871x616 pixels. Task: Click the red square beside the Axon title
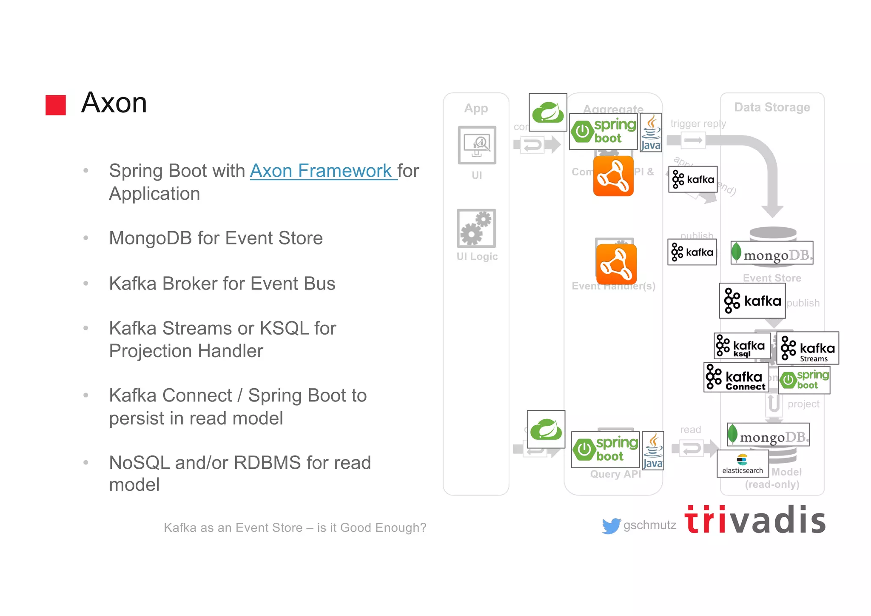[x=56, y=105]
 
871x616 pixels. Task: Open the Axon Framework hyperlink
[x=323, y=171]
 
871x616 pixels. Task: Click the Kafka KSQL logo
[x=742, y=346]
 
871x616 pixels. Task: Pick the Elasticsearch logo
[x=743, y=464]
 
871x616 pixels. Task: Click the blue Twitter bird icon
[x=611, y=526]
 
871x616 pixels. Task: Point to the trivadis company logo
[x=755, y=520]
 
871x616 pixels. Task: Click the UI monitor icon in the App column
[x=477, y=145]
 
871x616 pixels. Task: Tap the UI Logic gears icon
[x=476, y=229]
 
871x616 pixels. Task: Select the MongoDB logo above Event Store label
[x=772, y=253]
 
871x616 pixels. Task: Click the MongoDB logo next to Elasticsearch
[x=768, y=435]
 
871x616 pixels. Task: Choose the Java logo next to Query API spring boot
[x=653, y=451]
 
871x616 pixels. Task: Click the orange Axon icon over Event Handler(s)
[x=616, y=264]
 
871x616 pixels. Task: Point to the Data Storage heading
[x=772, y=107]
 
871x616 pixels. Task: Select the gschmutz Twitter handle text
[x=649, y=525]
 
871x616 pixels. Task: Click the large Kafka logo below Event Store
[x=752, y=301]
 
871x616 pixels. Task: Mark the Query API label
[x=615, y=474]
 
